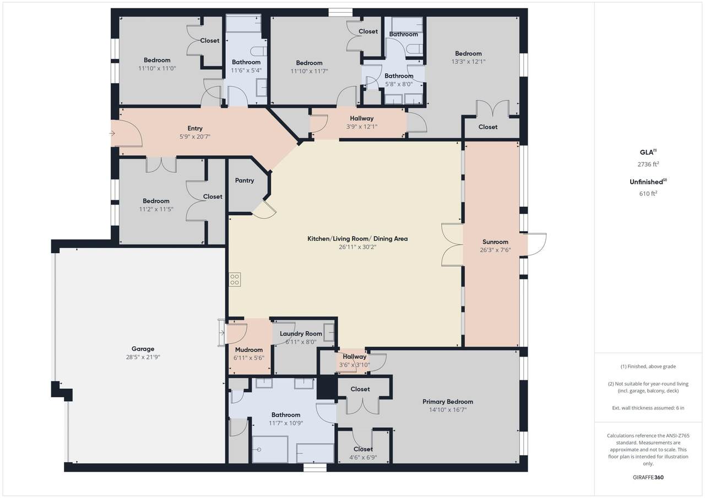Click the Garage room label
click(x=143, y=349)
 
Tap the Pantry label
click(x=245, y=180)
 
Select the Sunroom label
click(x=495, y=242)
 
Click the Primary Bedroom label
click(x=448, y=402)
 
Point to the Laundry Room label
click(x=301, y=333)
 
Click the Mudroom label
click(x=248, y=349)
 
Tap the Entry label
click(x=195, y=128)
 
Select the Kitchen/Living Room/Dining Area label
click(x=357, y=239)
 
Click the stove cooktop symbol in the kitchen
click(x=235, y=280)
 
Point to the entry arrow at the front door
click(x=112, y=134)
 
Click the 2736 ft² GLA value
click(x=648, y=164)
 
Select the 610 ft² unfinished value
click(x=648, y=193)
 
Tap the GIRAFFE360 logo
click(x=648, y=477)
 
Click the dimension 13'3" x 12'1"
click(x=468, y=62)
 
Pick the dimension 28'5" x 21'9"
click(x=143, y=357)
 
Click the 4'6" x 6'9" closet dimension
click(x=363, y=457)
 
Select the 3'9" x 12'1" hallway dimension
click(x=362, y=127)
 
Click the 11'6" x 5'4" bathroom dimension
click(x=246, y=70)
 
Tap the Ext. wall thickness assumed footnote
click(x=648, y=408)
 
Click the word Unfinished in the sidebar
click(x=646, y=182)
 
